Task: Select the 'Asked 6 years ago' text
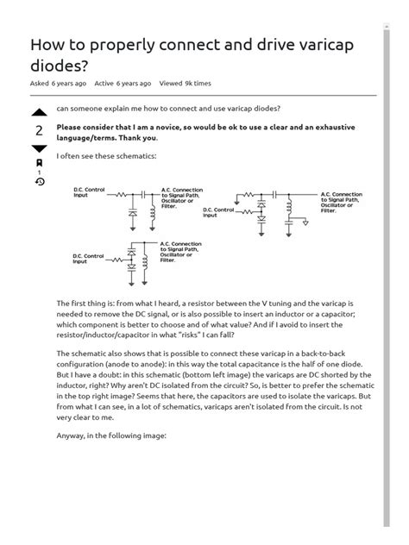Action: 59,84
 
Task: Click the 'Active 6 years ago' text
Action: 123,84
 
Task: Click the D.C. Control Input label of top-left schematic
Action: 89,194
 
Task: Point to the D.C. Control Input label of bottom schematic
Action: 89,257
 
